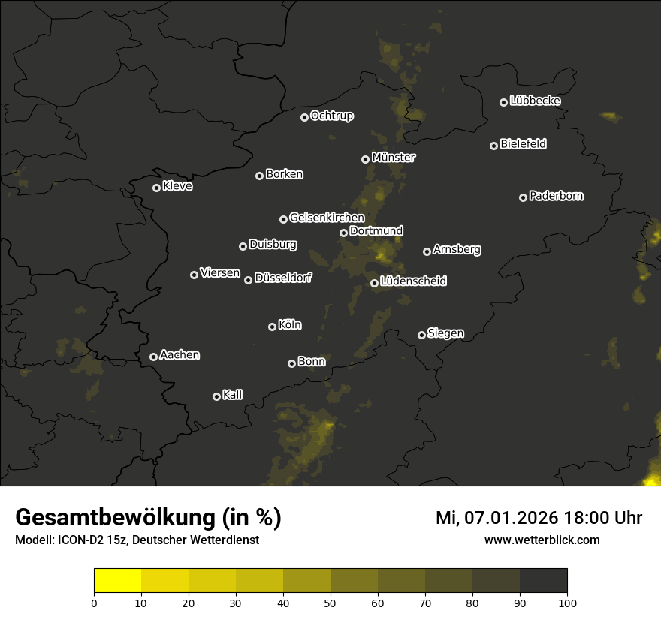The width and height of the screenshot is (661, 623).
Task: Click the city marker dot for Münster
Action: pos(366,159)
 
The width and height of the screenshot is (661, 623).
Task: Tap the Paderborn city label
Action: pos(556,196)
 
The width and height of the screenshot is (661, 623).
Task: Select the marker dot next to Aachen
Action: pos(154,357)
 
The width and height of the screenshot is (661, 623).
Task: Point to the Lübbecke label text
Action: pos(535,101)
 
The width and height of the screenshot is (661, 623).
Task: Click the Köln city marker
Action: pos(273,327)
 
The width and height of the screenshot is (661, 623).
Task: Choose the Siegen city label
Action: pos(445,333)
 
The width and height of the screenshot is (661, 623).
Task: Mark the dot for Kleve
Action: pos(157,188)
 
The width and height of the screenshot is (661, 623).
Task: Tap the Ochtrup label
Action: pos(331,116)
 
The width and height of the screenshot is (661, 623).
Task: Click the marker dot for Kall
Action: pos(217,396)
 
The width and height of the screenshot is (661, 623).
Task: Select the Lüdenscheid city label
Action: pos(413,281)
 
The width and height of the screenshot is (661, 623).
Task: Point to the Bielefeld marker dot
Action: pos(494,146)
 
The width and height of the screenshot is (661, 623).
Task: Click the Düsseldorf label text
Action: pos(283,278)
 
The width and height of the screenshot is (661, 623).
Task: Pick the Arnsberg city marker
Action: pos(427,251)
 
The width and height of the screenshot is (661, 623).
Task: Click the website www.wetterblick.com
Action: pos(542,540)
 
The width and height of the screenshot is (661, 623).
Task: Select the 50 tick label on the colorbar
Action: pos(330,603)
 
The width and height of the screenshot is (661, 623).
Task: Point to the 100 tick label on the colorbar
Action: pos(567,603)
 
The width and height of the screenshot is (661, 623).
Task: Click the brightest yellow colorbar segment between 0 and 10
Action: pos(117,581)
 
